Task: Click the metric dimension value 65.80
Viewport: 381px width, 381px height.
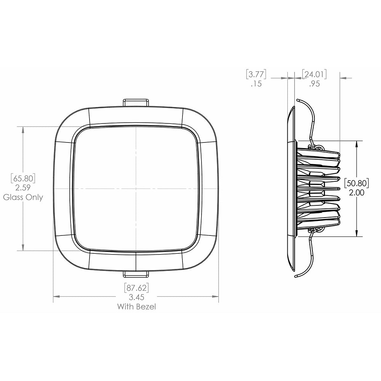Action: tap(24, 178)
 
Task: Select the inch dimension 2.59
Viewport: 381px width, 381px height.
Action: tap(24, 187)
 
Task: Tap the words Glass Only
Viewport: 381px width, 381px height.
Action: tap(24, 197)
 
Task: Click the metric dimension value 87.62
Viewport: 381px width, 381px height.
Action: tap(136, 287)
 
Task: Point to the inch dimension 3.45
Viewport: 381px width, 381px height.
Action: tap(136, 297)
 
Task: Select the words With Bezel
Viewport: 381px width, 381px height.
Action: tap(136, 306)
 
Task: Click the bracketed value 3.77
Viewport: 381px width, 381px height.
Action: tap(256, 74)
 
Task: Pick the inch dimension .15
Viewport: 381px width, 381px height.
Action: tap(256, 84)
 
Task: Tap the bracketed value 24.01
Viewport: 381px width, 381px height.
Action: tap(314, 74)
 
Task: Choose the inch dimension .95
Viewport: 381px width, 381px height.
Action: tap(314, 84)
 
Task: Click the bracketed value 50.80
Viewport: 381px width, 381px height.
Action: tap(357, 183)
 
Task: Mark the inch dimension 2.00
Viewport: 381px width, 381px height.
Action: tap(357, 193)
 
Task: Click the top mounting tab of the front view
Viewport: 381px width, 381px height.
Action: tap(136, 102)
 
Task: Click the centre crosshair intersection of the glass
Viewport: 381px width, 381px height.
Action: tap(136, 189)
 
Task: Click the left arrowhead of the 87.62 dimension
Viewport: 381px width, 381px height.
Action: tap(56, 296)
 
